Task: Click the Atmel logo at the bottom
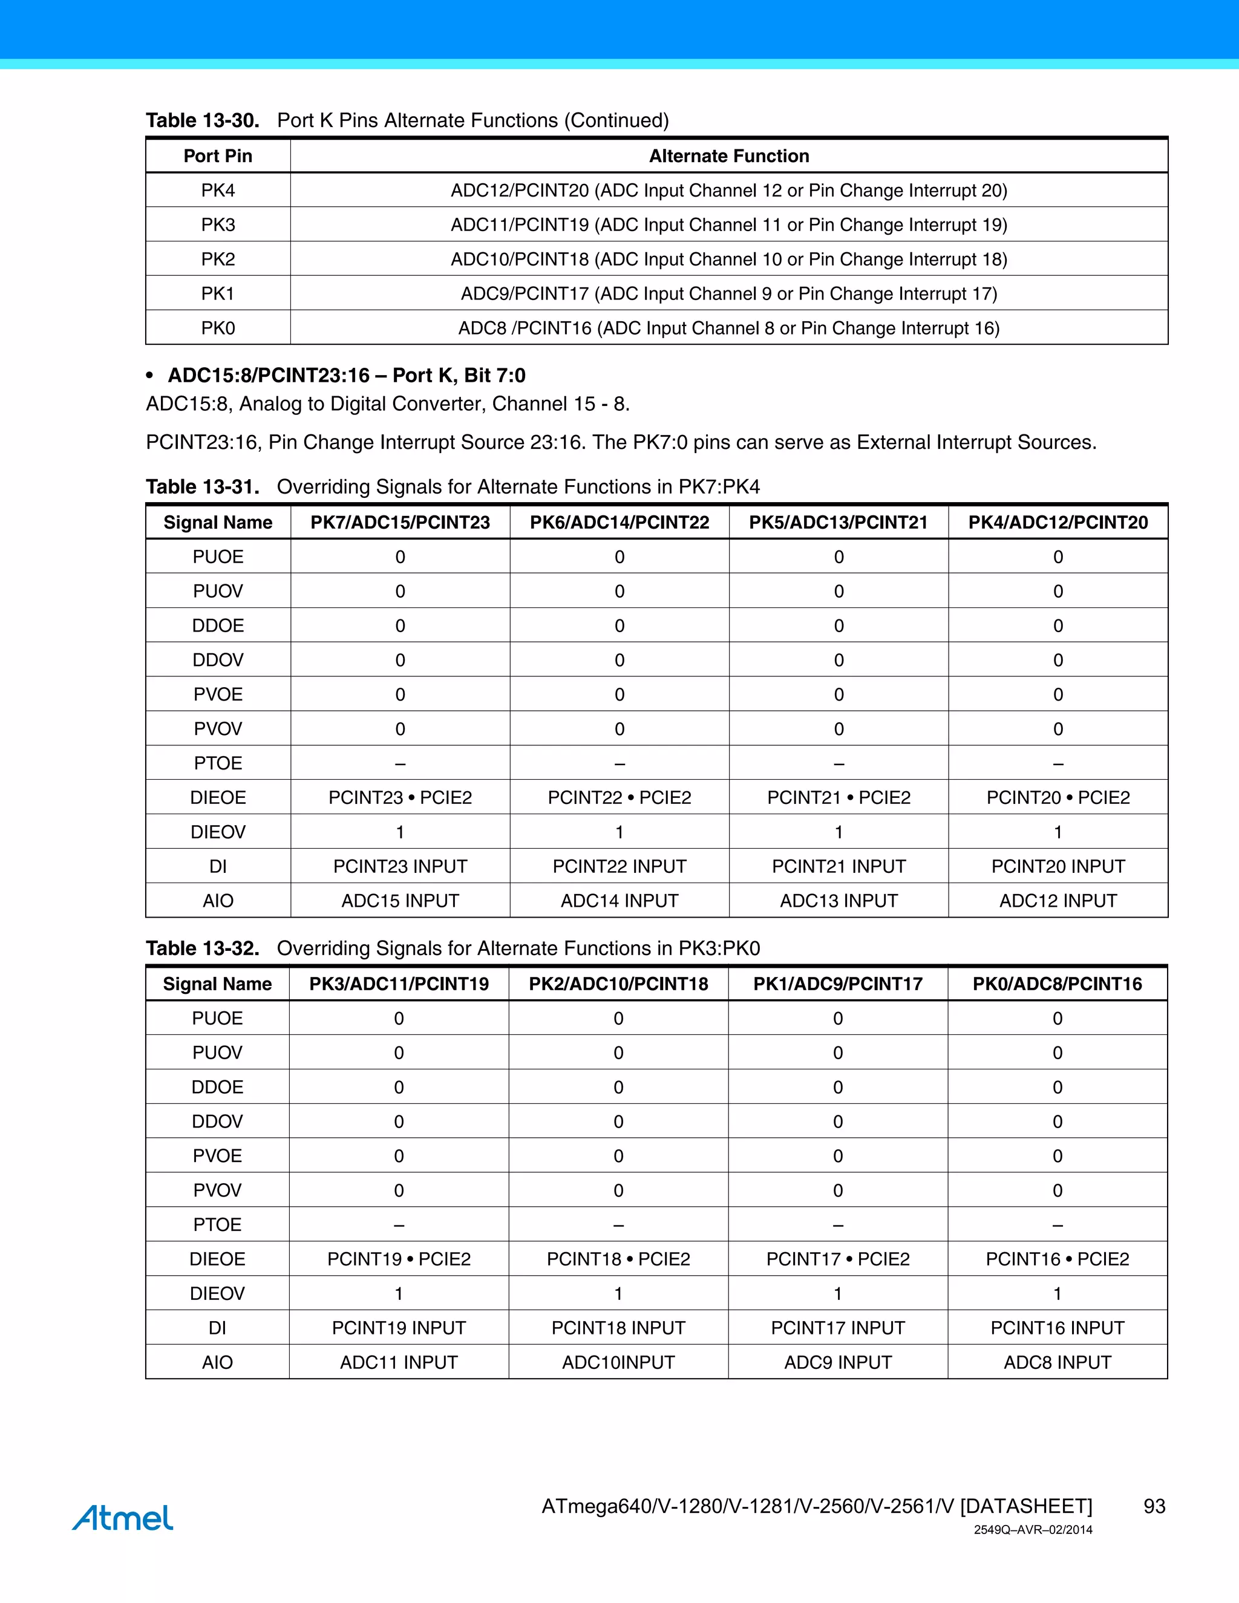[x=123, y=1517]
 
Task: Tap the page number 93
[x=1154, y=1506]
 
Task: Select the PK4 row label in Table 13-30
[x=218, y=191]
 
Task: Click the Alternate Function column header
[x=728, y=156]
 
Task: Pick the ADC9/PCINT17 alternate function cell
[x=728, y=293]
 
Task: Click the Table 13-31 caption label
[x=203, y=486]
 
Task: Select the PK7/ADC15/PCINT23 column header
[x=400, y=523]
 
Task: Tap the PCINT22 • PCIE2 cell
[x=619, y=798]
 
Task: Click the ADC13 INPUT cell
[x=839, y=901]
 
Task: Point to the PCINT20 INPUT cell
[x=1058, y=867]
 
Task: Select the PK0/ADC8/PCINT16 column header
[x=1057, y=984]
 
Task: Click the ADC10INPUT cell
[x=618, y=1362]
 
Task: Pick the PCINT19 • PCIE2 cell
[x=399, y=1259]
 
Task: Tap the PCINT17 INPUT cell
[x=837, y=1328]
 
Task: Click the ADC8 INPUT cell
[x=1057, y=1362]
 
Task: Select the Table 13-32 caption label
[x=203, y=948]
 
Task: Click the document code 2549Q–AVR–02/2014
[x=1033, y=1530]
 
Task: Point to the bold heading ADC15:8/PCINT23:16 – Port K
[x=347, y=376]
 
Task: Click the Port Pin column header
[x=218, y=156]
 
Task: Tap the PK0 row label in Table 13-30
[x=218, y=328]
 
